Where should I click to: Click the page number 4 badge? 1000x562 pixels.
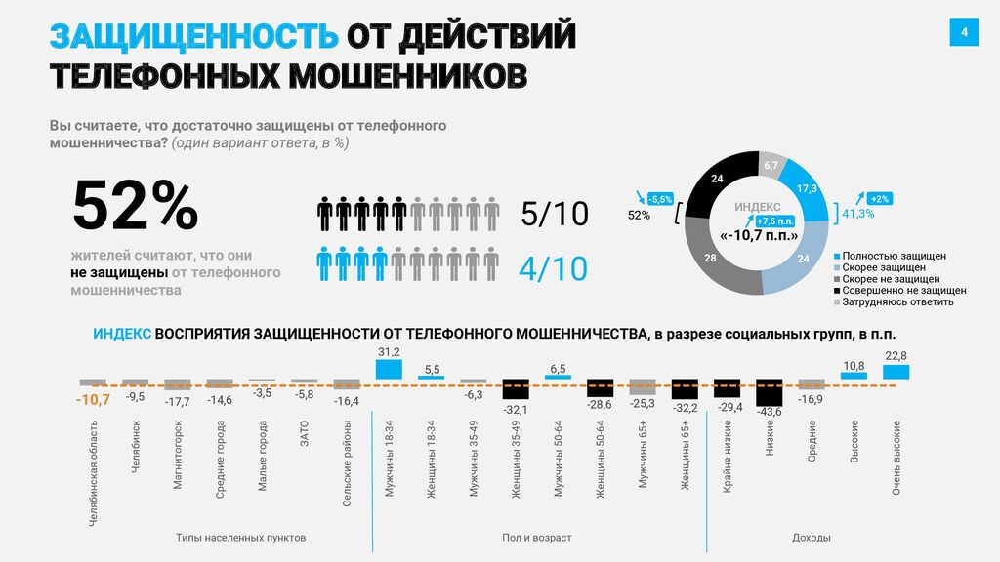[964, 32]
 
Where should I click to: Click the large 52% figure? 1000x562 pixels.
[136, 207]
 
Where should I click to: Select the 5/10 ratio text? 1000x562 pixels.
[555, 214]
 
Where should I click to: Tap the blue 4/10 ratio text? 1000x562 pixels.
[555, 267]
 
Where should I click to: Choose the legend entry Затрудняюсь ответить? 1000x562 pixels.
[897, 301]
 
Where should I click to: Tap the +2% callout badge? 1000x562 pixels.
[878, 198]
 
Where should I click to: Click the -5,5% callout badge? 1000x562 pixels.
[660, 199]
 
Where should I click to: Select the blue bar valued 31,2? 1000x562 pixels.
[389, 370]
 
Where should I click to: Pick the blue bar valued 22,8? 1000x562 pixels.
[896, 372]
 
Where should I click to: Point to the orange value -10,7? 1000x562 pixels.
[93, 398]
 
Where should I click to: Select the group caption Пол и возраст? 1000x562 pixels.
[537, 538]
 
